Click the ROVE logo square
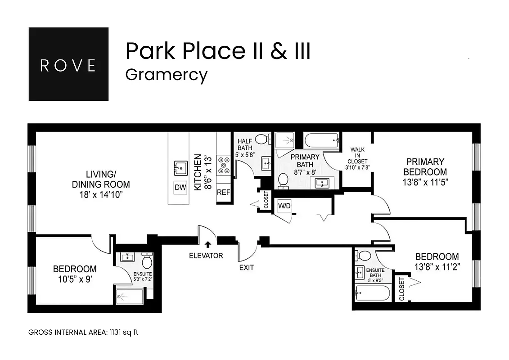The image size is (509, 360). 68,64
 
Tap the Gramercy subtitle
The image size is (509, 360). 166,74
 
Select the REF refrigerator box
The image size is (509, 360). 224,192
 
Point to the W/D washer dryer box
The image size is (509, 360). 284,207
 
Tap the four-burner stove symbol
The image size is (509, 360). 224,165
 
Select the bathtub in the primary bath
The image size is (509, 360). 322,140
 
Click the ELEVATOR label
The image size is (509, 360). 206,256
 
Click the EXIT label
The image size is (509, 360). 246,267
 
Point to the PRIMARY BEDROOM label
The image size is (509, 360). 425,166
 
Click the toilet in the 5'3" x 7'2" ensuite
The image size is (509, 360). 147,261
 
